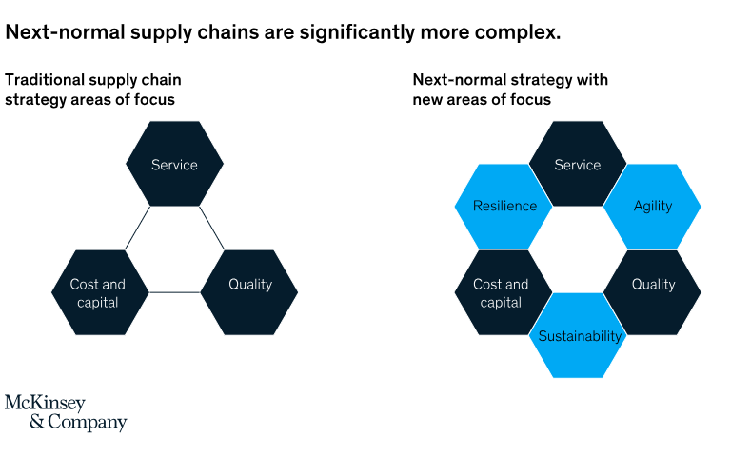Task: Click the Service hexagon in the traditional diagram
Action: pos(174,164)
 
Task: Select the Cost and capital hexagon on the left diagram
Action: pos(100,292)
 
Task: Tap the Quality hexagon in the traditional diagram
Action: pos(249,292)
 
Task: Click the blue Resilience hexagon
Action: pos(504,206)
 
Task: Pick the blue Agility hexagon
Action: pos(652,206)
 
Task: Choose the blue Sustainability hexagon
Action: pos(578,335)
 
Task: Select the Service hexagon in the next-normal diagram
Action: pos(578,164)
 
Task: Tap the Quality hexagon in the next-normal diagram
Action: pos(652,292)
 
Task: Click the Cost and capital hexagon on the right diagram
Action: pos(504,292)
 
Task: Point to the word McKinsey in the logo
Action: pos(46,404)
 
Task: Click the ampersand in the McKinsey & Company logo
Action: pos(37,422)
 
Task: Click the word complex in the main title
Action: pos(518,32)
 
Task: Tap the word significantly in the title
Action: pos(357,32)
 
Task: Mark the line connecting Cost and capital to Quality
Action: pos(175,292)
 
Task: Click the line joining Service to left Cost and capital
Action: pos(137,229)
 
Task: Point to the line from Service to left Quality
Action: pos(212,229)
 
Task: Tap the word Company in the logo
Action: pos(88,422)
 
